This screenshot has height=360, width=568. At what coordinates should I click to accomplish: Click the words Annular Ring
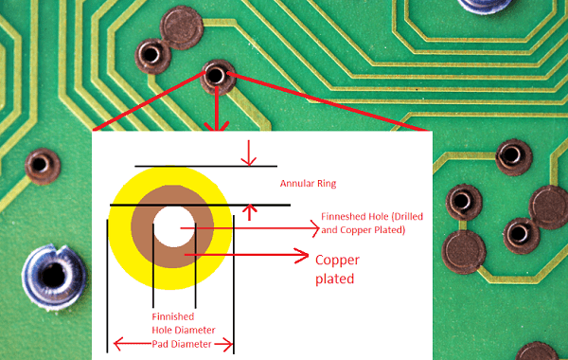[309, 183]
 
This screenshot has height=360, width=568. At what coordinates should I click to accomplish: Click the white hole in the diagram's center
[171, 227]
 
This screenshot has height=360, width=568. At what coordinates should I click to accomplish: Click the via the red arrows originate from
[217, 74]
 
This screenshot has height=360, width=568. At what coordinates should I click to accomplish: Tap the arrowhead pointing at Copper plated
[303, 255]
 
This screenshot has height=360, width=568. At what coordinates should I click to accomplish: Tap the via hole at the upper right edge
[510, 153]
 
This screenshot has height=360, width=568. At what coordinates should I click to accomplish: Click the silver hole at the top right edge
[479, 5]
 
